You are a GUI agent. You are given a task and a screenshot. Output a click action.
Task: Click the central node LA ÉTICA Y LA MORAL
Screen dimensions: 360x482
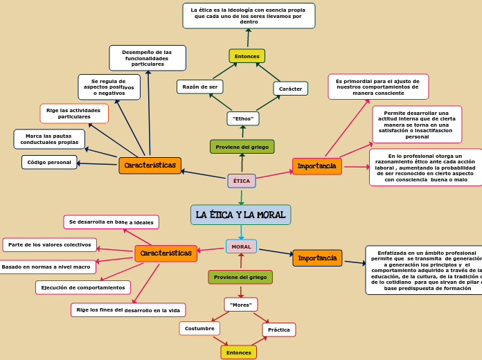point(240,215)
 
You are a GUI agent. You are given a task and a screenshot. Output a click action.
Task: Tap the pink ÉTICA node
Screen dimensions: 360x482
point(242,181)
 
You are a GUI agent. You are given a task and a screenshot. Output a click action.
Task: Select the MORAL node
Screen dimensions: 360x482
point(241,246)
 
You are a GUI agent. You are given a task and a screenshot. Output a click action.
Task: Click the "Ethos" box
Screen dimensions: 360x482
point(243,118)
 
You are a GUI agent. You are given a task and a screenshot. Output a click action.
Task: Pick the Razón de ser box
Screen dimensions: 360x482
point(199,87)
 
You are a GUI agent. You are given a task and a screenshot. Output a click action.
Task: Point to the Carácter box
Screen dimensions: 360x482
point(290,89)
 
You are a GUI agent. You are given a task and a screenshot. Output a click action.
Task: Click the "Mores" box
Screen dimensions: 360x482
point(241,305)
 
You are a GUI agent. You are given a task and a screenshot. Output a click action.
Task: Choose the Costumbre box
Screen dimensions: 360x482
point(199,328)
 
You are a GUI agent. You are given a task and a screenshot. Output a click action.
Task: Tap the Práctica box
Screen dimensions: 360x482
point(278,330)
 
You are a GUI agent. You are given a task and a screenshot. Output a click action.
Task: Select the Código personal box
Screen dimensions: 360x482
point(49,162)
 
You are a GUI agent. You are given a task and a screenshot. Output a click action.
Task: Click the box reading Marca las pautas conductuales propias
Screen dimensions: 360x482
point(49,139)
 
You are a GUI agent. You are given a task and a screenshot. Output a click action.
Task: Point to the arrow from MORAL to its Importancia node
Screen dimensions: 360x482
point(275,253)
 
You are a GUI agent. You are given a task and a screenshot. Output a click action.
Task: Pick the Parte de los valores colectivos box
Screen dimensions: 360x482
point(49,244)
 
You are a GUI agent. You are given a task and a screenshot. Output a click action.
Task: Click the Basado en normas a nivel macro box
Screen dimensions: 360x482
point(46,267)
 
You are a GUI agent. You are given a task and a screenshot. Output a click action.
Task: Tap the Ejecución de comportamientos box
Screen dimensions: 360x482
point(83,287)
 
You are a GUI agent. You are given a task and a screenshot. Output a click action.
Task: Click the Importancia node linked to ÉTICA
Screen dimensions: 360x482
point(317,166)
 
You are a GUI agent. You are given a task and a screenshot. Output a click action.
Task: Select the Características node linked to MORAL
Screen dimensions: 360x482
point(166,253)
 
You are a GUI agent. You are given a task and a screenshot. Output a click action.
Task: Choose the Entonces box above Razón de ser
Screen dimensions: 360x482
point(247,56)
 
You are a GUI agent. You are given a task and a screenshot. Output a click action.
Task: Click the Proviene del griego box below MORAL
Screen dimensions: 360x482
point(240,277)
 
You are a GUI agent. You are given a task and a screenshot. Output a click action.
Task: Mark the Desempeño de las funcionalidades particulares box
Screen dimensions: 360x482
point(147,58)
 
